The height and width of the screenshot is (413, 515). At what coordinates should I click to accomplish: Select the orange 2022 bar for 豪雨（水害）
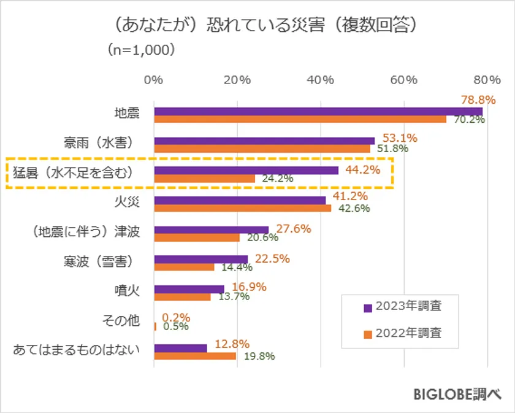click(262, 149)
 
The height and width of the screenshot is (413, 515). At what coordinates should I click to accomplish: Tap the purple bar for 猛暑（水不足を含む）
click(246, 170)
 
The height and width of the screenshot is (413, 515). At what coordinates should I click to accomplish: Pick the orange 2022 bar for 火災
click(242, 208)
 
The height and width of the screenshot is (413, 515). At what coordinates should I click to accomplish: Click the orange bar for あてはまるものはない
click(195, 356)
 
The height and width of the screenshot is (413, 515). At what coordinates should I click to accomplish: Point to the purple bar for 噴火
click(189, 289)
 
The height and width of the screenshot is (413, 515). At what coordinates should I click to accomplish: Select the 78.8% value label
click(478, 99)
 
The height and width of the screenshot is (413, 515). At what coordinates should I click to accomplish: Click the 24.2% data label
click(278, 179)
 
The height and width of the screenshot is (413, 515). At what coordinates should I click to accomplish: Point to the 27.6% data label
click(294, 228)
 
